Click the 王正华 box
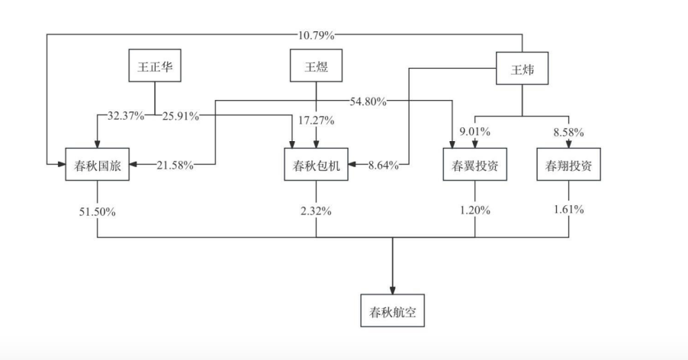click(x=156, y=66)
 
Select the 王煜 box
click(x=317, y=66)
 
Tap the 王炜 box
click(x=522, y=69)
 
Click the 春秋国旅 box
click(x=98, y=165)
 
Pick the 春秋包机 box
click(x=317, y=165)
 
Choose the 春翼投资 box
click(x=475, y=165)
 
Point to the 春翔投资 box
click(x=568, y=165)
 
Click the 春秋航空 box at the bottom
click(x=393, y=312)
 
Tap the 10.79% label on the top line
click(x=316, y=34)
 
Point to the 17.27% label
click(x=317, y=120)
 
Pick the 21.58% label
click(x=175, y=165)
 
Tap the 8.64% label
click(x=384, y=165)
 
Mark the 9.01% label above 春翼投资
click(x=475, y=132)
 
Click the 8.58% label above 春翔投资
click(x=568, y=132)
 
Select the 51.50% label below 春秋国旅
click(x=98, y=211)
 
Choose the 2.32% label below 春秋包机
click(x=317, y=211)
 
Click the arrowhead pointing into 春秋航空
click(x=393, y=289)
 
